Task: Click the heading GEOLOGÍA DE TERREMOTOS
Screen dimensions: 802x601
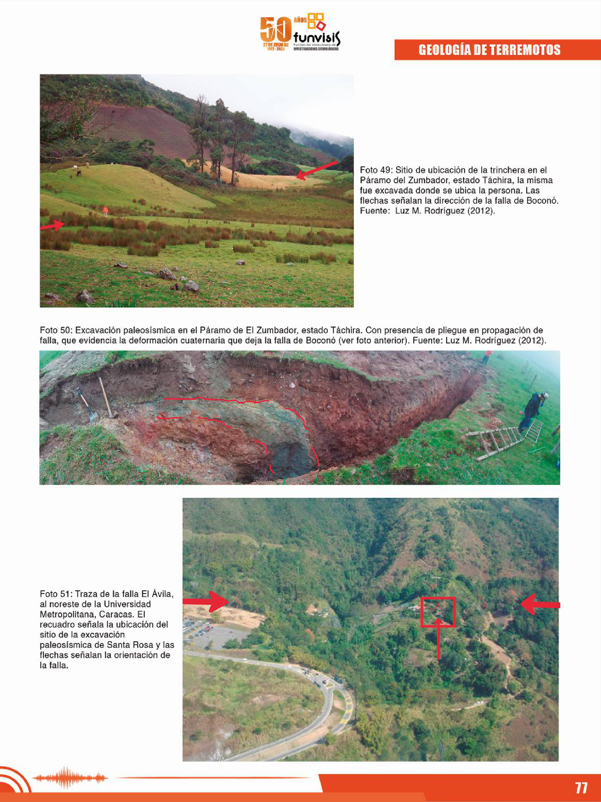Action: [489, 50]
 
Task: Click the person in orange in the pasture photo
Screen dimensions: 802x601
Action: [106, 210]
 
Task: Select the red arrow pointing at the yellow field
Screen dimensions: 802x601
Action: [317, 170]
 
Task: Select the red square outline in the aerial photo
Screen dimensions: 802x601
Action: [438, 612]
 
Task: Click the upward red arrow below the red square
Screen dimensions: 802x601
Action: [438, 638]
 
